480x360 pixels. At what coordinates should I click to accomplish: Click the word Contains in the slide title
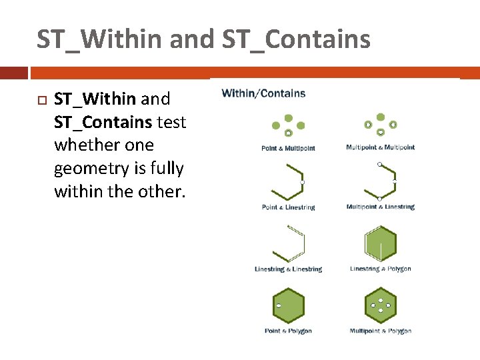[317, 39]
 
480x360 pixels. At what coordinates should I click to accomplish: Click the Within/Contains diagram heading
[263, 93]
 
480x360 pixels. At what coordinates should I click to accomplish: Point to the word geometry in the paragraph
[85, 169]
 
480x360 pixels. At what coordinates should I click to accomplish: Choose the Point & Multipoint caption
[288, 148]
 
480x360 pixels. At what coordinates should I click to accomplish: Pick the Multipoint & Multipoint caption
[380, 147]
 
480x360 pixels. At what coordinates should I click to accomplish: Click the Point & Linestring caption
[288, 207]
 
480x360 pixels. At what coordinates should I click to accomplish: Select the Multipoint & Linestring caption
[380, 207]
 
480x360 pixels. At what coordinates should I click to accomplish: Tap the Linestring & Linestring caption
[288, 269]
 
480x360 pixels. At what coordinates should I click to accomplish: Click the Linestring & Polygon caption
[380, 269]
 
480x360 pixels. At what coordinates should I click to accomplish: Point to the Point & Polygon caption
[288, 331]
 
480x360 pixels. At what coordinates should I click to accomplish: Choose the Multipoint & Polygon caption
[380, 331]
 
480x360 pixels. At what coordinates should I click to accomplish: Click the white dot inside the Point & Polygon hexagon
[279, 305]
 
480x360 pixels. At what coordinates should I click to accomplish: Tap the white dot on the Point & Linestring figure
[302, 181]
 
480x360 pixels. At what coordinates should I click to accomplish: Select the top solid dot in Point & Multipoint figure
[289, 118]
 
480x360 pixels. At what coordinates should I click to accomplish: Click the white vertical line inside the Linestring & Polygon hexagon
[381, 251]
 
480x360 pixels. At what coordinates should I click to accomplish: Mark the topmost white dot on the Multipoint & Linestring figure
[379, 164]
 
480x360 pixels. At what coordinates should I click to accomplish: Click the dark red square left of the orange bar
[14, 72]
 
